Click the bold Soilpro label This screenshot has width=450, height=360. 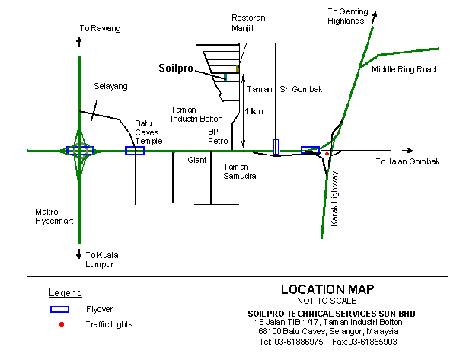(x=176, y=68)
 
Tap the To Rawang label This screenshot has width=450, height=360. (x=100, y=28)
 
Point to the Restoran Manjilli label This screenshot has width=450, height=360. (x=248, y=23)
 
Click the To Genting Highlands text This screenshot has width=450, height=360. (x=348, y=16)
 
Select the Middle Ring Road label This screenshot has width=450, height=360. (x=404, y=69)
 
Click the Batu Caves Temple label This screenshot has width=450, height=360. (x=148, y=132)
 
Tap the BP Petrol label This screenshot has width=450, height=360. (x=219, y=136)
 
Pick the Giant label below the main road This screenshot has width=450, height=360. (x=197, y=160)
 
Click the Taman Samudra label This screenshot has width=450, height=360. (x=240, y=171)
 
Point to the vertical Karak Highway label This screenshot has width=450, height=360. (x=334, y=199)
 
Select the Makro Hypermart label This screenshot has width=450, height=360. (x=54, y=216)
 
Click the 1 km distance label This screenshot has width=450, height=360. (x=254, y=111)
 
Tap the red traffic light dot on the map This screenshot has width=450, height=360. (x=327, y=154)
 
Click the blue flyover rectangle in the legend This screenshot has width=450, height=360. (x=59, y=309)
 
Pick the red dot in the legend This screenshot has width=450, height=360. (x=62, y=324)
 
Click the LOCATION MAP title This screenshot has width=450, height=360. (x=327, y=289)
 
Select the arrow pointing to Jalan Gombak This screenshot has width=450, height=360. (x=407, y=151)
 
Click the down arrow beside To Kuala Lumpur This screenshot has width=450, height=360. (x=79, y=253)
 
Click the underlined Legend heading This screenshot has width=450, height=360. (x=65, y=292)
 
